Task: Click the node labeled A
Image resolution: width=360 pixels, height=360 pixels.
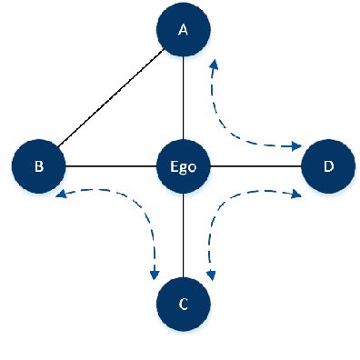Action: point(183,30)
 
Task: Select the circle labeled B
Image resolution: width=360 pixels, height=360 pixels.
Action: point(38,166)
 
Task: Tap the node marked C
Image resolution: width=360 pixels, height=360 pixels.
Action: point(183,304)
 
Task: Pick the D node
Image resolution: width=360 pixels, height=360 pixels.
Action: point(328,166)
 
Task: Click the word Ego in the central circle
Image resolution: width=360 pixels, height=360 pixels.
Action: point(183,166)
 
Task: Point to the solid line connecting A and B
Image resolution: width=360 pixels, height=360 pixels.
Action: point(109,100)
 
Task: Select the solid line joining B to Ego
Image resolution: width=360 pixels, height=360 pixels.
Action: point(110,166)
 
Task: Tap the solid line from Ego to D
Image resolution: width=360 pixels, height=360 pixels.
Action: point(255,166)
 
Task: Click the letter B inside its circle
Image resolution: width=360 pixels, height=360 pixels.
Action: point(38,166)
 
